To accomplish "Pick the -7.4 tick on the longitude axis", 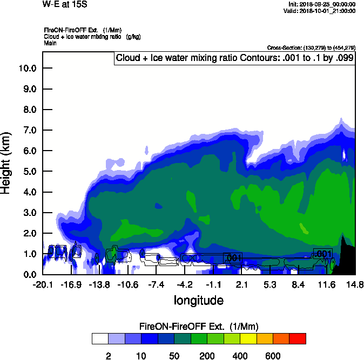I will [x=156, y=284].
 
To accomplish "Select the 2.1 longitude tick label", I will [x=241, y=284].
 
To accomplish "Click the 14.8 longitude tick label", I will [x=355, y=284].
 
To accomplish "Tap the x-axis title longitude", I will [x=198, y=300].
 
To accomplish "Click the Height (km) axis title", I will [x=7, y=162].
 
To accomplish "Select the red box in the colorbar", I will [x=298, y=338].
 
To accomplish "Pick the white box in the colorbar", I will [x=99, y=338].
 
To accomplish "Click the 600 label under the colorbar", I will [x=273, y=356].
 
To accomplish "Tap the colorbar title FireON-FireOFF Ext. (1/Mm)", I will [x=199, y=327].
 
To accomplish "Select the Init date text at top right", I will [x=322, y=4].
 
